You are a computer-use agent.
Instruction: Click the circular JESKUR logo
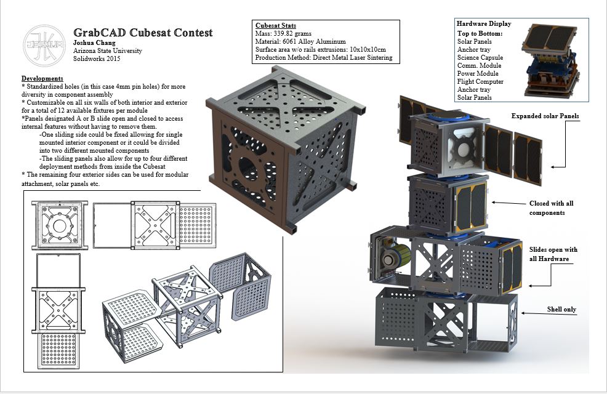[44, 46]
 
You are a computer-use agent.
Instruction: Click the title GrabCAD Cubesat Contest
[143, 33]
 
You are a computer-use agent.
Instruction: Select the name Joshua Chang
[94, 42]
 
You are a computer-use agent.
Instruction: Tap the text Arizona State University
[108, 50]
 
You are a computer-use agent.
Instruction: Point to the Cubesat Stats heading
[276, 25]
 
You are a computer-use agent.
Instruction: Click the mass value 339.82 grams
[292, 33]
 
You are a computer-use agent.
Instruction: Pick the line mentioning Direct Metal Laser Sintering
[324, 58]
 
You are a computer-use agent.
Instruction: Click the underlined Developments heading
[42, 78]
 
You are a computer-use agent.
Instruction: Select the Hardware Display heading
[484, 23]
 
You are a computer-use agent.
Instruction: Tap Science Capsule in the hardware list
[480, 57]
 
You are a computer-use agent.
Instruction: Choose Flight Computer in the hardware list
[480, 81]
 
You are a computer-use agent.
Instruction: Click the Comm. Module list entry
[479, 65]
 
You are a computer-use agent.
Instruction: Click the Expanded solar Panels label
[545, 116]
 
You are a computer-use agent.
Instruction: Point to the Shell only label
[561, 309]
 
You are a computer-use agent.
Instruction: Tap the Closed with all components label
[551, 208]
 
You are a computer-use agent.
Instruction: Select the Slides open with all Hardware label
[553, 254]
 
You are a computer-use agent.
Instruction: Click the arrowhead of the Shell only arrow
[524, 313]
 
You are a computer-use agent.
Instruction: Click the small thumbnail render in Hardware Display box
[551, 60]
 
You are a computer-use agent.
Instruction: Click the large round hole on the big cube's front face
[248, 169]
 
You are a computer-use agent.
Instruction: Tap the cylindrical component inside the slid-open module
[395, 256]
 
